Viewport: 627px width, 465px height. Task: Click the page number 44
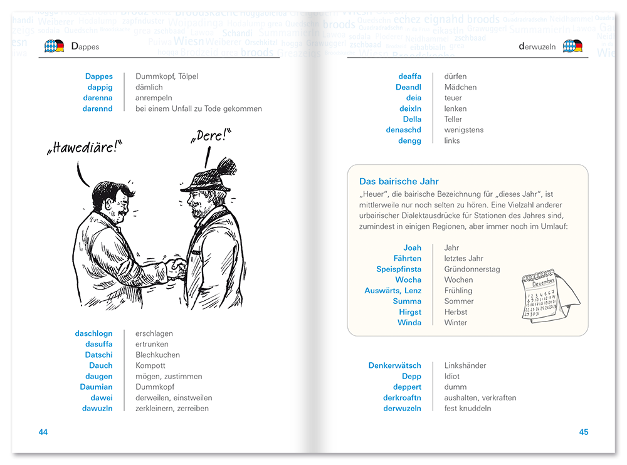click(x=43, y=432)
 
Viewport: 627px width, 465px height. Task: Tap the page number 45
click(x=584, y=432)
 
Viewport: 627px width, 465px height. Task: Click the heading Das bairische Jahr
click(x=399, y=182)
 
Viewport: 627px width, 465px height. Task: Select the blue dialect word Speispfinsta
click(x=399, y=269)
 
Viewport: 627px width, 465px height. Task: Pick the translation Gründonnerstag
click(x=472, y=269)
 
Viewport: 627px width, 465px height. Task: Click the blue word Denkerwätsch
click(x=394, y=365)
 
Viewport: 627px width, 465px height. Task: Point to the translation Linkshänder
click(x=465, y=365)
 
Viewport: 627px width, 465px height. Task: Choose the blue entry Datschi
click(x=99, y=355)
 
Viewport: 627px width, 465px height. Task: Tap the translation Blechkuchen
click(x=157, y=355)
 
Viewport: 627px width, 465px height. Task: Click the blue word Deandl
click(x=408, y=87)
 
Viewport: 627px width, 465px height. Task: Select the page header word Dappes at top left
click(x=85, y=46)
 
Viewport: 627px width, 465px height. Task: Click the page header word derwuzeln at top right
click(x=537, y=46)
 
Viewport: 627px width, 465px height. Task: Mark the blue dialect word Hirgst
click(x=410, y=312)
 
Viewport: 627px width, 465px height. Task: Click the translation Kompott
click(x=150, y=365)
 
